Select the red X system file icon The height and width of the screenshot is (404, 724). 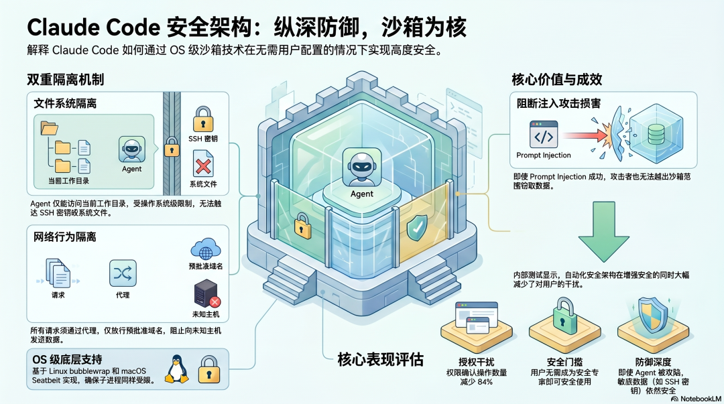click(202, 163)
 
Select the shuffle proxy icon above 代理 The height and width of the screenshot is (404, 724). click(122, 273)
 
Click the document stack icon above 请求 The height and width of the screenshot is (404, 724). click(58, 273)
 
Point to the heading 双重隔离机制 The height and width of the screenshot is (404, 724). click(65, 80)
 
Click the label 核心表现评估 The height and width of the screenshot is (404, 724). click(380, 359)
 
